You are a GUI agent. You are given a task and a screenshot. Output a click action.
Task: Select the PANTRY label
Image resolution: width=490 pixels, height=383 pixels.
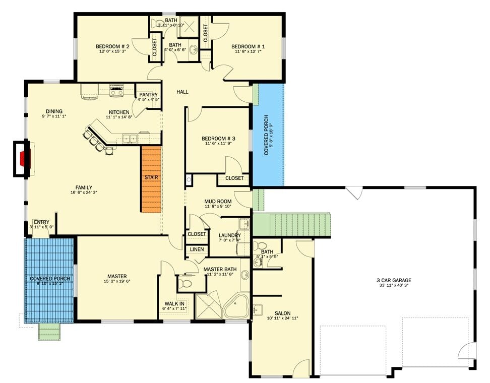(148, 95)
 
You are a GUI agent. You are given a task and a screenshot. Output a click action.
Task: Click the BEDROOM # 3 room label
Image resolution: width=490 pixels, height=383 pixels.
(218, 139)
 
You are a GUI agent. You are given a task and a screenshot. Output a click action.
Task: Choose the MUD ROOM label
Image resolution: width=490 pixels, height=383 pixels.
(217, 201)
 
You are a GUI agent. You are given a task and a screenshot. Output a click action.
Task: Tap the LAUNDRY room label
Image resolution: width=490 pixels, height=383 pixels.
(229, 235)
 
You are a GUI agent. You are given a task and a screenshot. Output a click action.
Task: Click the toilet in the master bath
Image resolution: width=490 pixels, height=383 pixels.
(186, 284)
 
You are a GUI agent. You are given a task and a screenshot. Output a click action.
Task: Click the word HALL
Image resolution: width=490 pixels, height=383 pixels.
(182, 92)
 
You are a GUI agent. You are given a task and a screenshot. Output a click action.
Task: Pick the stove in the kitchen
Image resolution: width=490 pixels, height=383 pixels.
(116, 91)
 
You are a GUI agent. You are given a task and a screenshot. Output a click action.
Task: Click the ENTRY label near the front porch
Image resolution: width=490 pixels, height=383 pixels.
(41, 222)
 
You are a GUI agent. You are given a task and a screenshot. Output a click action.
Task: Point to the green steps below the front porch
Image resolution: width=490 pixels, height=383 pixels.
(50, 332)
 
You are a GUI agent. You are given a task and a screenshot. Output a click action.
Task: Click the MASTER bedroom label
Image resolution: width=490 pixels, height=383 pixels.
(117, 276)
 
